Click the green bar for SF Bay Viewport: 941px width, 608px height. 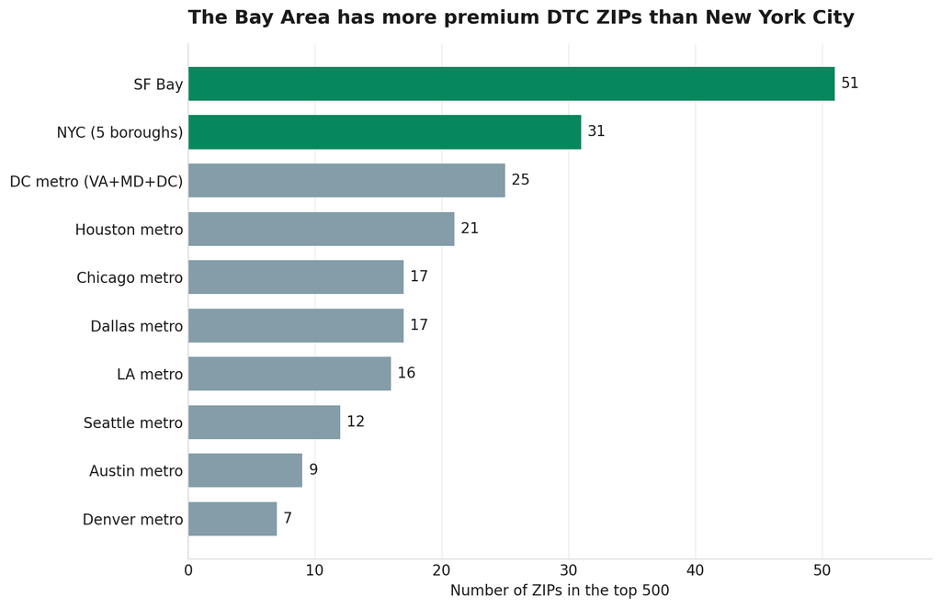(x=511, y=84)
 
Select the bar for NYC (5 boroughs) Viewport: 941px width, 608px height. (x=385, y=132)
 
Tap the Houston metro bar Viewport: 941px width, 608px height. (x=321, y=229)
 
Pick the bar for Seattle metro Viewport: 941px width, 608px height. (x=264, y=422)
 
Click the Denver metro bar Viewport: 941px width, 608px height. (x=232, y=519)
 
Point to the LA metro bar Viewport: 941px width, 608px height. (x=289, y=374)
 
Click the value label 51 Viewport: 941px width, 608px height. (x=850, y=84)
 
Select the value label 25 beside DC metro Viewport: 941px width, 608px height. (x=520, y=180)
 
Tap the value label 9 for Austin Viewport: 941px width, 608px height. (x=313, y=469)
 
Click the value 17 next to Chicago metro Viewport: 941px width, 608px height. (x=419, y=276)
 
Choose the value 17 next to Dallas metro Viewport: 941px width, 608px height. (x=419, y=325)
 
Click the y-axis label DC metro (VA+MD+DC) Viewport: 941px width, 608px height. (x=96, y=181)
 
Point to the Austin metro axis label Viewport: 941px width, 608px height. (x=136, y=471)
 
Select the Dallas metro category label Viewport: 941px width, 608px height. (x=137, y=326)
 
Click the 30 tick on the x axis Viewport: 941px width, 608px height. (x=568, y=570)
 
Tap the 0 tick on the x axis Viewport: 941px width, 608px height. (x=188, y=570)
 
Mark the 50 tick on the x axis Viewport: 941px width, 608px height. (x=822, y=570)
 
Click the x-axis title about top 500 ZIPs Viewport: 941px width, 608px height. (x=560, y=591)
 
